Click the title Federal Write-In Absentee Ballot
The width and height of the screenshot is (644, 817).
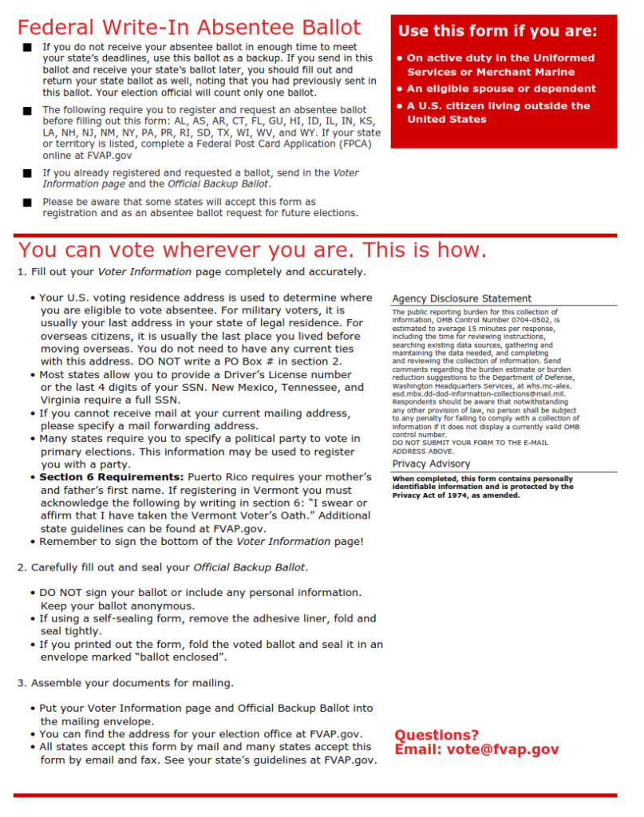189,27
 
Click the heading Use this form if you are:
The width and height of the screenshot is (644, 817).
497,31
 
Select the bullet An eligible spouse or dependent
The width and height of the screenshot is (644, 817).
500,89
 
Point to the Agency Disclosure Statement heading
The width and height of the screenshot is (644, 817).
461,298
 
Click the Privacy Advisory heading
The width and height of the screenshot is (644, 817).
431,464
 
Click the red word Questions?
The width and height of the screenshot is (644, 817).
437,734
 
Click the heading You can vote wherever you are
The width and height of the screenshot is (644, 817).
252,250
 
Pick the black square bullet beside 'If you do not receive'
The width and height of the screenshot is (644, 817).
27,48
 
